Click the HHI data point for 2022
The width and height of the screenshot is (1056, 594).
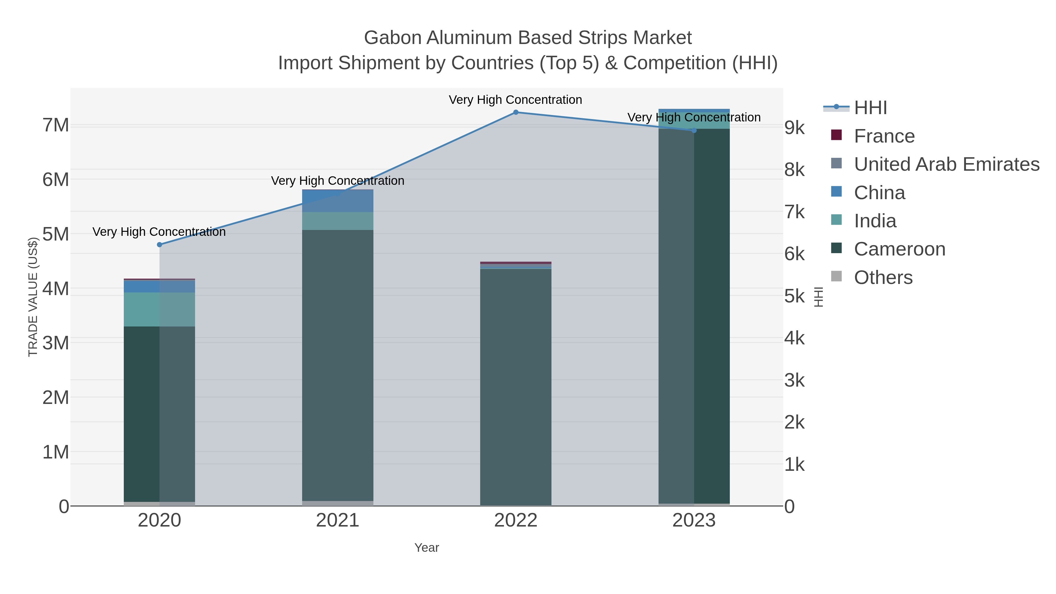tap(516, 112)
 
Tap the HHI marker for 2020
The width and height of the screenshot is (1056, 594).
tap(160, 245)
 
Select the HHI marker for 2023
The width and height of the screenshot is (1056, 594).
tap(694, 130)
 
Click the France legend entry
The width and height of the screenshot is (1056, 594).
tap(884, 136)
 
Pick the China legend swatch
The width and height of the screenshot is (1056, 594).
tap(836, 192)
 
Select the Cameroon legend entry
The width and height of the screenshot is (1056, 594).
tap(899, 249)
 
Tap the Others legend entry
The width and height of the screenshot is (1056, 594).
tap(883, 277)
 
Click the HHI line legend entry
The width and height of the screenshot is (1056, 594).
tap(870, 108)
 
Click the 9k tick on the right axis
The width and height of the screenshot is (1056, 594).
tap(794, 128)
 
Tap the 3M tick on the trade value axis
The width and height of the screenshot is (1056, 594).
tap(56, 343)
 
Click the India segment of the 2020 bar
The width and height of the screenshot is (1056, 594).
tap(160, 309)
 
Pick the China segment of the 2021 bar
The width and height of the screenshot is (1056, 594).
tap(337, 201)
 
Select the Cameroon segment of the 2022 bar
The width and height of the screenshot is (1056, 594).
tap(516, 385)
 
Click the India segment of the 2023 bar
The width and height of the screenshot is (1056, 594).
tap(694, 121)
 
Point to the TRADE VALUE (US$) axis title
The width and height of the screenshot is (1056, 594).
tap(33, 297)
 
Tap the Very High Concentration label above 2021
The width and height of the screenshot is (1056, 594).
tap(337, 181)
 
